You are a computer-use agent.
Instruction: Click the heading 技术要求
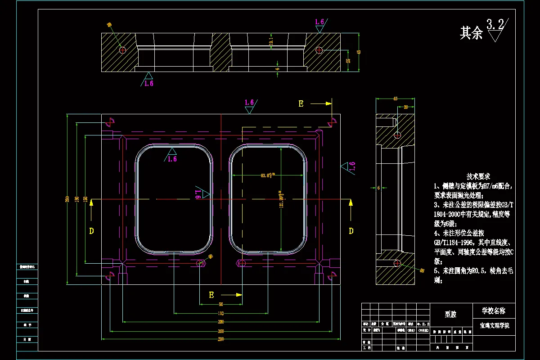coord(478,176)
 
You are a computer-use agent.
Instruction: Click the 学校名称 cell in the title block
coord(494,310)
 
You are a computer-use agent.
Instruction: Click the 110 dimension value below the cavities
coord(220,313)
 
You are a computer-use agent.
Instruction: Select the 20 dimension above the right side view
coord(405,107)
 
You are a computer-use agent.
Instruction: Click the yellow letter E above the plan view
coord(301,104)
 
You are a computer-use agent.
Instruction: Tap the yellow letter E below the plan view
coord(211,295)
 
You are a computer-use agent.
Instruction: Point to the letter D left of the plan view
coord(91,231)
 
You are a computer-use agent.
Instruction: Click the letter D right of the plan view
coord(351,231)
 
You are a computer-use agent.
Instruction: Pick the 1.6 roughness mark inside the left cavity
coord(172,159)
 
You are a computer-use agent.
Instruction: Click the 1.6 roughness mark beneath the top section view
coord(148,83)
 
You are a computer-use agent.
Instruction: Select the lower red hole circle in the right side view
coord(397,262)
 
